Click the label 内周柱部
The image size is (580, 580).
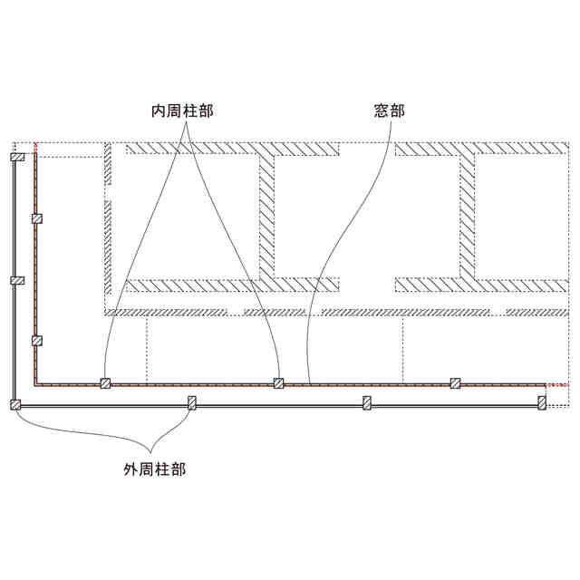188,111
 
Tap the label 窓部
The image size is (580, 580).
389,111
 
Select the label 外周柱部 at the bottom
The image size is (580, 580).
156,469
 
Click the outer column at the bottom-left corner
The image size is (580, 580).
15,403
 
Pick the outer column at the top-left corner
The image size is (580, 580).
16,158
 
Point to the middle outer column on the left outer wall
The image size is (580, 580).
15,280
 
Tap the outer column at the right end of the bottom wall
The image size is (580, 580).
542,401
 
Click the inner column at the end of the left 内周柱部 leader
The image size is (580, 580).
105,382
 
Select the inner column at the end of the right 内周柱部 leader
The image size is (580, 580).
279,382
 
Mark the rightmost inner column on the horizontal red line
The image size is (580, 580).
455,382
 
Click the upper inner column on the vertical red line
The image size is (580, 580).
36,218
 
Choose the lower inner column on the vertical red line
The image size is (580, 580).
36,341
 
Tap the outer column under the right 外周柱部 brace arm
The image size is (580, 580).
191,402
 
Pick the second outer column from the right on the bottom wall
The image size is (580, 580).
367,402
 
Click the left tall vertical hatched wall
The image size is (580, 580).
266,217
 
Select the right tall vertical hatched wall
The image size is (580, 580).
467,217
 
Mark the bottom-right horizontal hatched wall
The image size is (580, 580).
480,285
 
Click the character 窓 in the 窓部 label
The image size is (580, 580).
382,111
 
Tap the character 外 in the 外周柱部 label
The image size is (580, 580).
130,469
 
